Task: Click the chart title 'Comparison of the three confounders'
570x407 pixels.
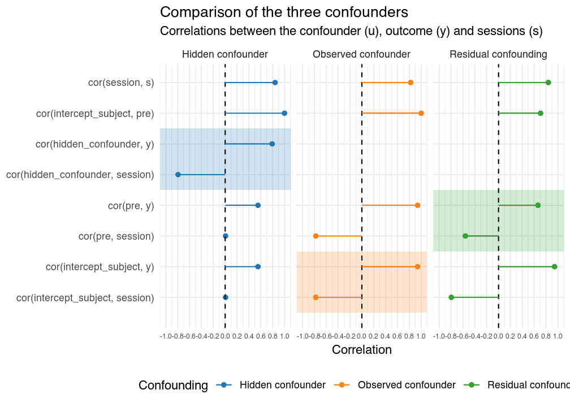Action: pyautogui.click(x=284, y=12)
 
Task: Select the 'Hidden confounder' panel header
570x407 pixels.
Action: pyautogui.click(x=224, y=55)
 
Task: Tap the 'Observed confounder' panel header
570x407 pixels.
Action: pyautogui.click(x=361, y=55)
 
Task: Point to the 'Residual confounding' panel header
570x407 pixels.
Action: pyautogui.click(x=498, y=55)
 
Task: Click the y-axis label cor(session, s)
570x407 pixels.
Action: pyautogui.click(x=121, y=83)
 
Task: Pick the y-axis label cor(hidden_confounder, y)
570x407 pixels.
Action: pyautogui.click(x=94, y=144)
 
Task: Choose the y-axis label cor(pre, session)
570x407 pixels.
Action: pyautogui.click(x=116, y=236)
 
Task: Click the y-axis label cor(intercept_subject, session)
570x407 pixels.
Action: pyautogui.click(x=85, y=297)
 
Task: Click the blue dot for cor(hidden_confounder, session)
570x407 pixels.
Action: pyautogui.click(x=178, y=175)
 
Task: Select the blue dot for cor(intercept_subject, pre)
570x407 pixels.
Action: pyautogui.click(x=284, y=114)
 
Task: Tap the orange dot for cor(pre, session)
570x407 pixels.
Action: pyautogui.click(x=316, y=236)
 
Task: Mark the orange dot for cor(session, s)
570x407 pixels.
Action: pyautogui.click(x=411, y=83)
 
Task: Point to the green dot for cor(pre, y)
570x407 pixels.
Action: pyautogui.click(x=538, y=205)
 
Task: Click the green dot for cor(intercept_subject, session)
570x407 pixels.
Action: pyautogui.click(x=451, y=297)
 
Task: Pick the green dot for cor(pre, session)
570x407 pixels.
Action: pyautogui.click(x=465, y=236)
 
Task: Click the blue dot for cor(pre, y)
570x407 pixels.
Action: pyautogui.click(x=258, y=205)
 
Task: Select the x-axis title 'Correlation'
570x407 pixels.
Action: pyautogui.click(x=361, y=350)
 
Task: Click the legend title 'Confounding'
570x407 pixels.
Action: pyautogui.click(x=173, y=386)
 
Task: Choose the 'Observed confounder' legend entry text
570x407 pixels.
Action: pyautogui.click(x=407, y=385)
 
